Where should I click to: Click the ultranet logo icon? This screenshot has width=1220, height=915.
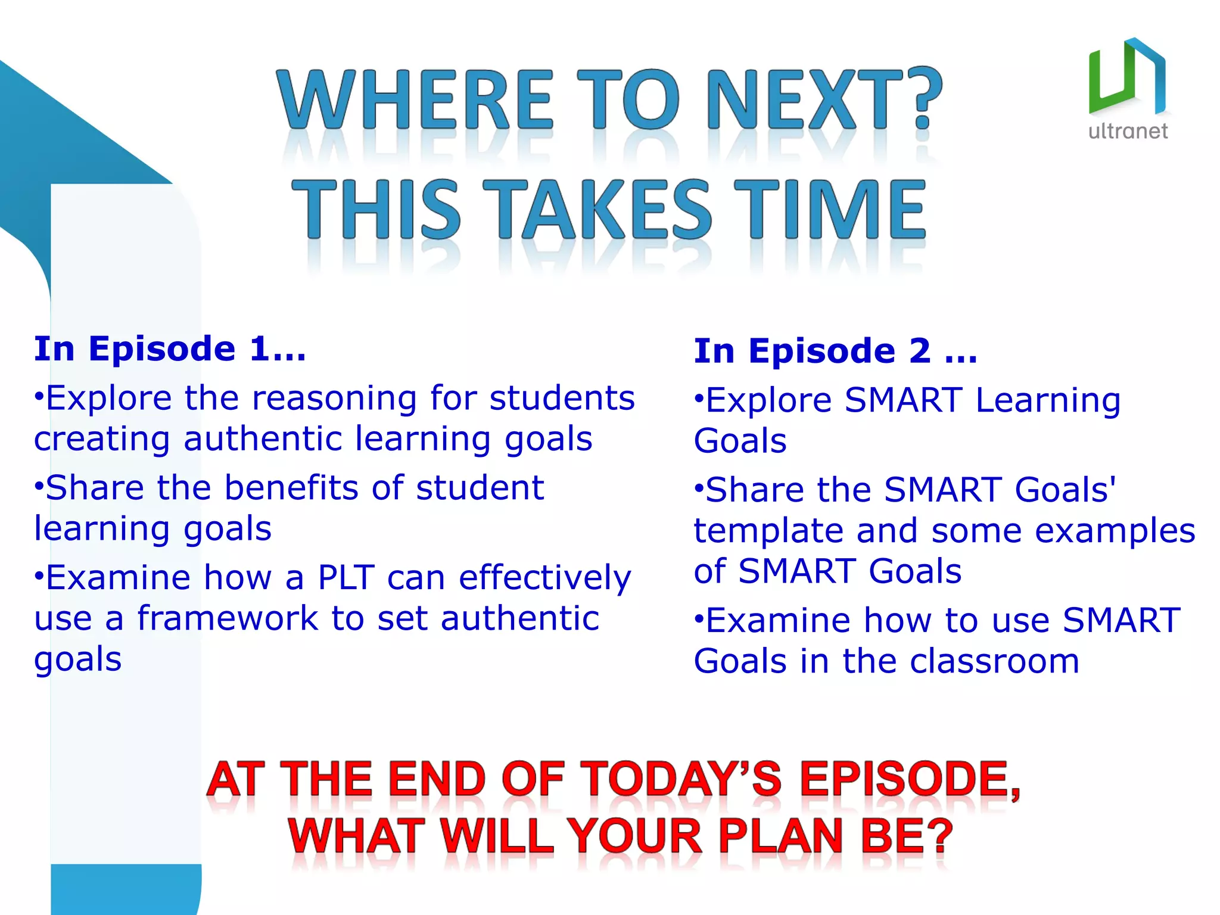tap(1126, 76)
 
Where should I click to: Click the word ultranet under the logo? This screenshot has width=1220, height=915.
tap(1128, 131)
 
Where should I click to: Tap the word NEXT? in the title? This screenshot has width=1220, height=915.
tap(824, 99)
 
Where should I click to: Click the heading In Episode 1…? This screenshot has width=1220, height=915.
tap(170, 348)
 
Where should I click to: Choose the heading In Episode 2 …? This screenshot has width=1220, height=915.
tap(835, 351)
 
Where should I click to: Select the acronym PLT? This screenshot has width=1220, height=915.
tap(346, 577)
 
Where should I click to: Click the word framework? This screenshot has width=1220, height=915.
tap(228, 618)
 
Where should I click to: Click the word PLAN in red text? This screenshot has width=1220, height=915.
tap(781, 836)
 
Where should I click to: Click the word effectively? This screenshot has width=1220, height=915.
tap(544, 578)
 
